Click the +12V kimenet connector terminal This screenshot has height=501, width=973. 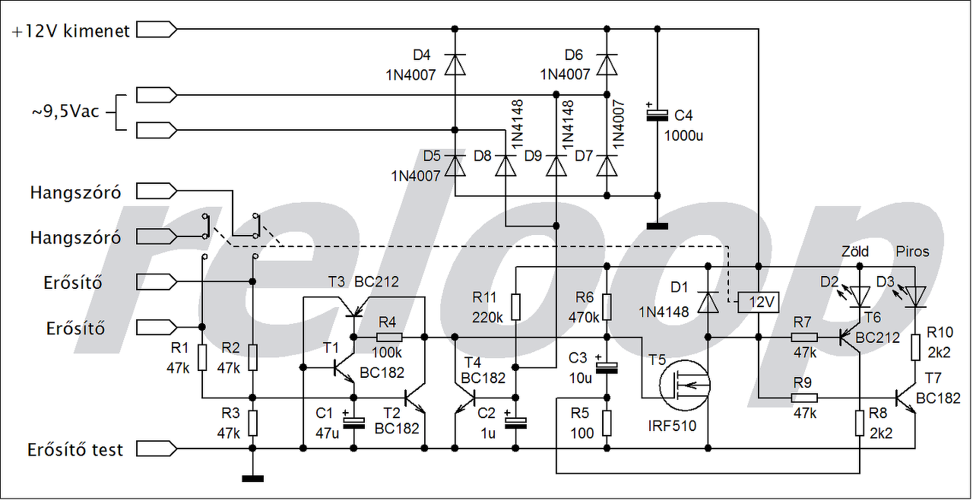(x=157, y=30)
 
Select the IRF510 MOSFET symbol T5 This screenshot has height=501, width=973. (x=685, y=385)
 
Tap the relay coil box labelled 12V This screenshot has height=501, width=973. (x=759, y=303)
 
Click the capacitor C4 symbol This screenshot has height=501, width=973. (x=658, y=115)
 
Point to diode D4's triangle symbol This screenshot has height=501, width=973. (x=455, y=65)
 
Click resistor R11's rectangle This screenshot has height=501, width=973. (x=515, y=307)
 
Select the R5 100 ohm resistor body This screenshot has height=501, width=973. (x=607, y=423)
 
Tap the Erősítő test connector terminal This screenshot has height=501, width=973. (x=157, y=449)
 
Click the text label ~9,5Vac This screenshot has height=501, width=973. (x=65, y=112)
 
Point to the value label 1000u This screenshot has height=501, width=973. (x=683, y=136)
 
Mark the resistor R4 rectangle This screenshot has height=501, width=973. (x=389, y=338)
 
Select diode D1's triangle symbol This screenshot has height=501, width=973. (x=708, y=302)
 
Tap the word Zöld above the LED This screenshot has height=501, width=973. (x=855, y=252)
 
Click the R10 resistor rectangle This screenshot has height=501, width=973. (x=915, y=347)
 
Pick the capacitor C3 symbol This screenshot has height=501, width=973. (x=607, y=366)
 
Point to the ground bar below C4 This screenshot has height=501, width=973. (x=658, y=227)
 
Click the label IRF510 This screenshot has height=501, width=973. (x=672, y=426)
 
